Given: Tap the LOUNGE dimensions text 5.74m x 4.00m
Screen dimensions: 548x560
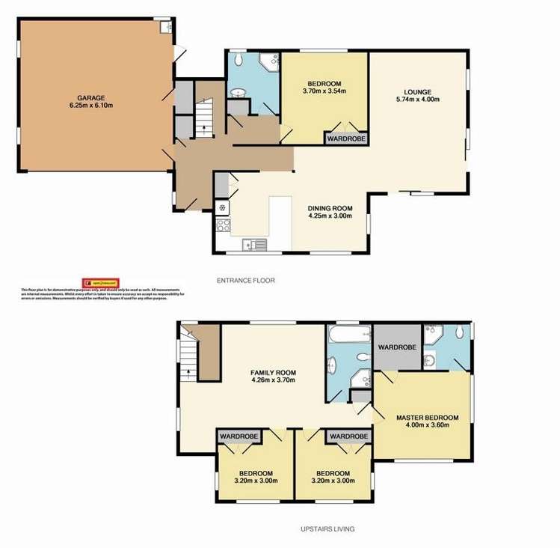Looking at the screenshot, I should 418,100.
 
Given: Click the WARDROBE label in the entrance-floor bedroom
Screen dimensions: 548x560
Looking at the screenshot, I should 345,138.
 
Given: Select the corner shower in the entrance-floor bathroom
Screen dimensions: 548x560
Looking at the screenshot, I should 267,62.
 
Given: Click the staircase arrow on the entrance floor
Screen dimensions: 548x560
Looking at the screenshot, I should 204,128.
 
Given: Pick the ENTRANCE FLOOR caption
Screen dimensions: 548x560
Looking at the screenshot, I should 246,281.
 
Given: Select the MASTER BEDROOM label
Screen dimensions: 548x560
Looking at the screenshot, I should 427,417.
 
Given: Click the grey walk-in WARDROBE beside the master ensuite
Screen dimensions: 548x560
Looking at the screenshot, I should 397,347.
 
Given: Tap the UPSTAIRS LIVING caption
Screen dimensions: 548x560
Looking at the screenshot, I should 324,529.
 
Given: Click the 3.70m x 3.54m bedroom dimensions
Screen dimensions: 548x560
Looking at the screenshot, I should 324,91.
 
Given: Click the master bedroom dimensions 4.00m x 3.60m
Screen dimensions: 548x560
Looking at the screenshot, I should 427,426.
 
